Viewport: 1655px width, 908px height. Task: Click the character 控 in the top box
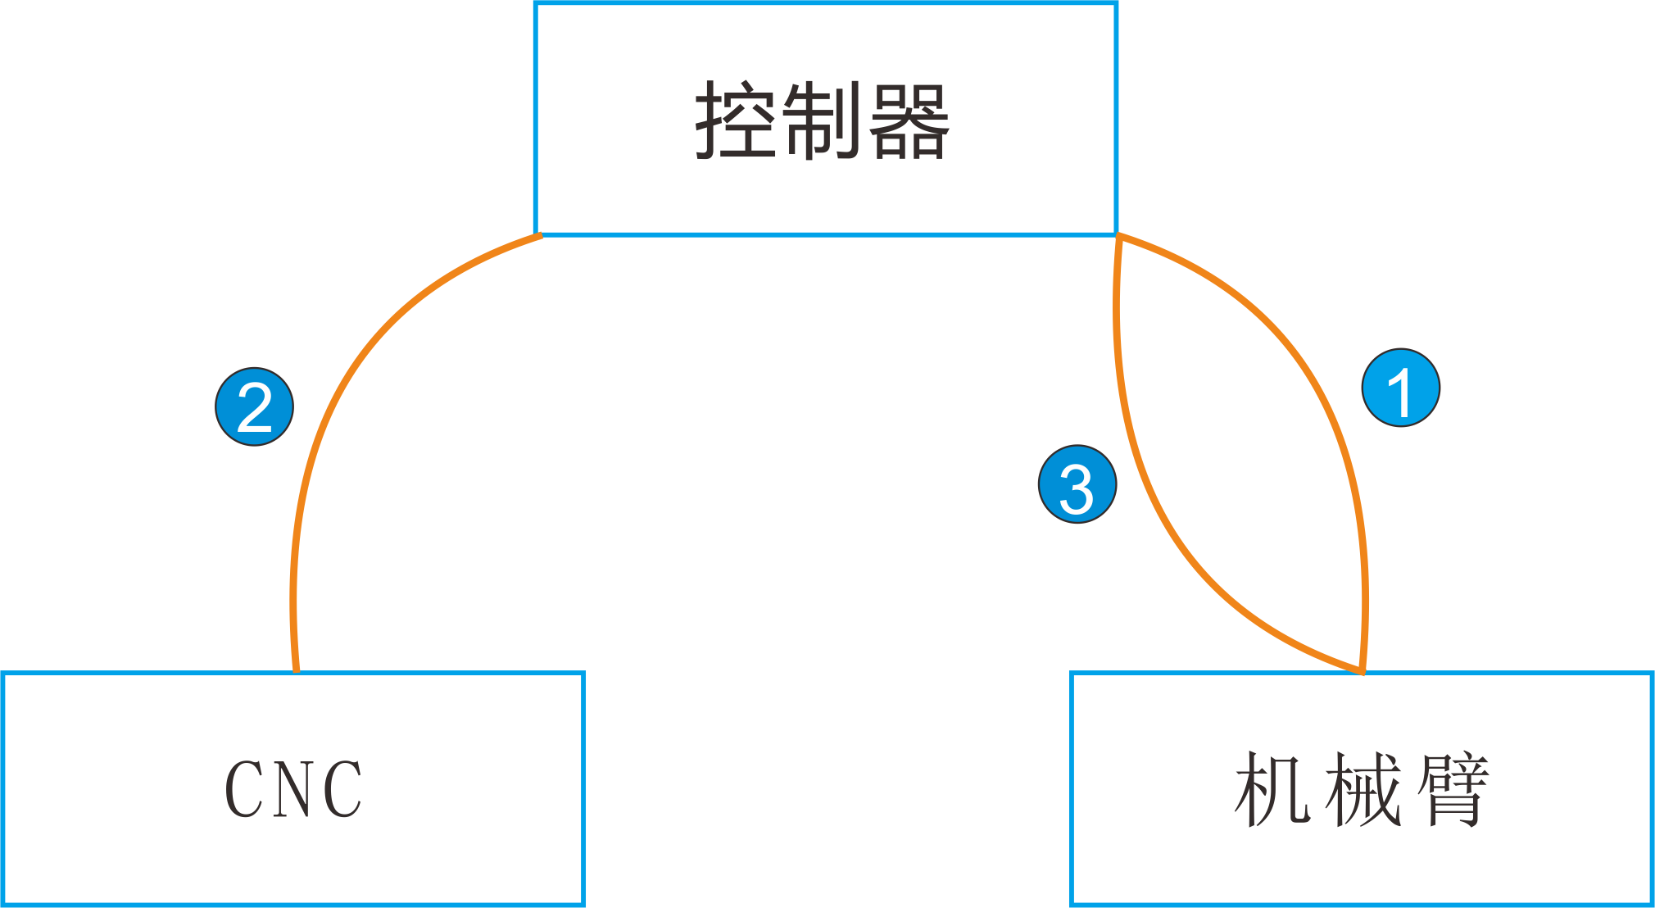coord(735,120)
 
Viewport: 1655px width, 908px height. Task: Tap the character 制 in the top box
coord(822,120)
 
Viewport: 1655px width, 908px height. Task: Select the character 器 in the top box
coord(909,121)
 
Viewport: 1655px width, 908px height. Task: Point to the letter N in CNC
coord(294,789)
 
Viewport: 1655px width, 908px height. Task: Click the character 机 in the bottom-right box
coord(1272,789)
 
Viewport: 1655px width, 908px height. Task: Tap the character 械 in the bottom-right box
coord(1362,789)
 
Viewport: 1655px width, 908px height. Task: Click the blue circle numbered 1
coord(1401,388)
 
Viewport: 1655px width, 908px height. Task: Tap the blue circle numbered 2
coord(255,406)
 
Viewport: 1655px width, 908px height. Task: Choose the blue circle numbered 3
coord(1077,484)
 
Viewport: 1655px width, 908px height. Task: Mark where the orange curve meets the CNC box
coord(296,671)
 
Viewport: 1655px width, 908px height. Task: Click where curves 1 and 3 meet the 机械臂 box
coord(1362,671)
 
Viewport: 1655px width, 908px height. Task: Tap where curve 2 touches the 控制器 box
coord(539,236)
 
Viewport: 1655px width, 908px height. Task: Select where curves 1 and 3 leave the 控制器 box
coord(1118,237)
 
